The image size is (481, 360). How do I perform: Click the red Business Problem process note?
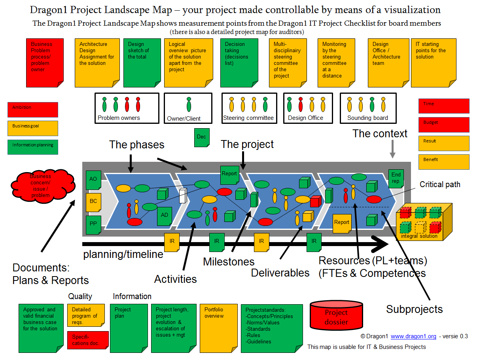click(44, 63)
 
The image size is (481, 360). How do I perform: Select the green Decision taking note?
click(239, 63)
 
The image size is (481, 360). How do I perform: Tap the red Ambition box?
click(33, 110)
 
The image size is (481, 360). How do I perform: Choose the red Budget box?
click(444, 125)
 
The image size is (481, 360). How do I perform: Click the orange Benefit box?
click(444, 162)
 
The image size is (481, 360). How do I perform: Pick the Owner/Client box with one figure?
click(188, 108)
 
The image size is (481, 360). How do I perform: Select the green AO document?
click(93, 180)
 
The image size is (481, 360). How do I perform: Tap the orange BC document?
click(93, 202)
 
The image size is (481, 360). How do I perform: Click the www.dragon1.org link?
click(413, 336)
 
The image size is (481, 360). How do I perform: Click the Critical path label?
click(440, 184)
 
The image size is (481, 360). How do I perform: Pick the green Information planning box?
click(33, 146)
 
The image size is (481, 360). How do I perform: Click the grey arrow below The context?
click(392, 150)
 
